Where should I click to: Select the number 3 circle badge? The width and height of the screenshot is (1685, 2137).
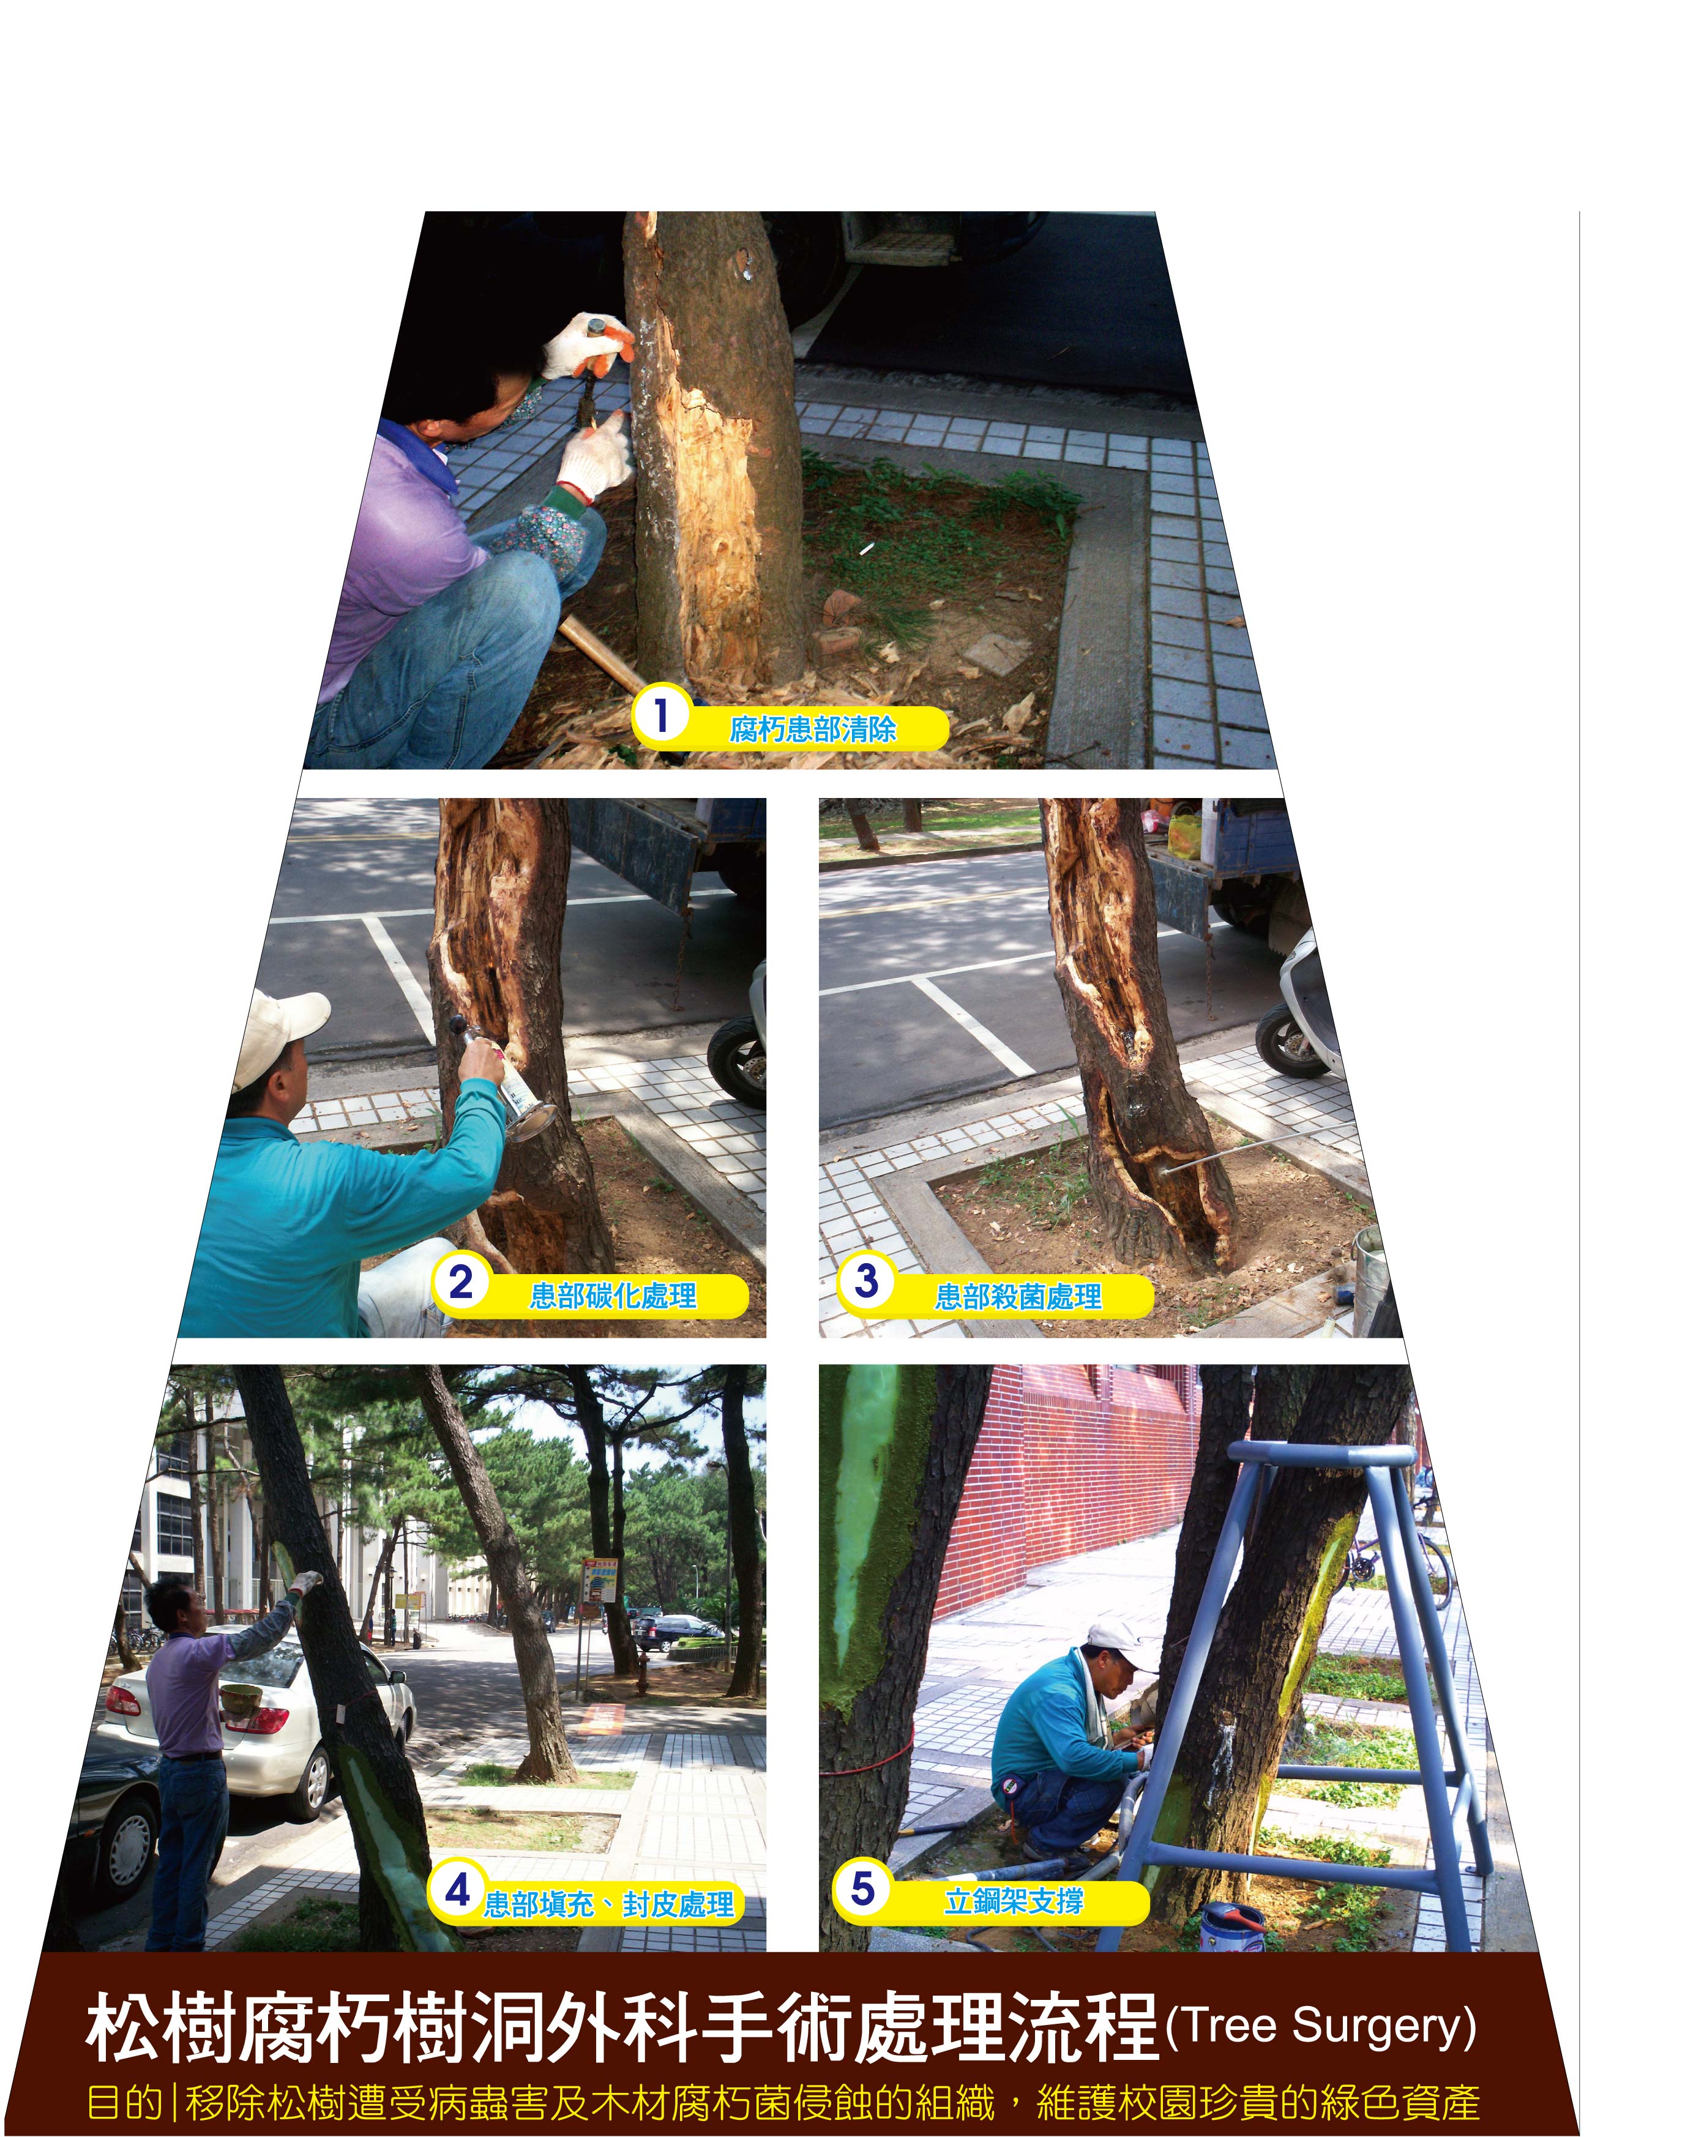(866, 1281)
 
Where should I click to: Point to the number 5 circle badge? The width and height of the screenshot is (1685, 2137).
(862, 1889)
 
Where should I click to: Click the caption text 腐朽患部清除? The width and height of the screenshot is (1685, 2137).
(813, 729)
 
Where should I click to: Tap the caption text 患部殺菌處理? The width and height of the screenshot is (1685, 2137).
(1018, 1296)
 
